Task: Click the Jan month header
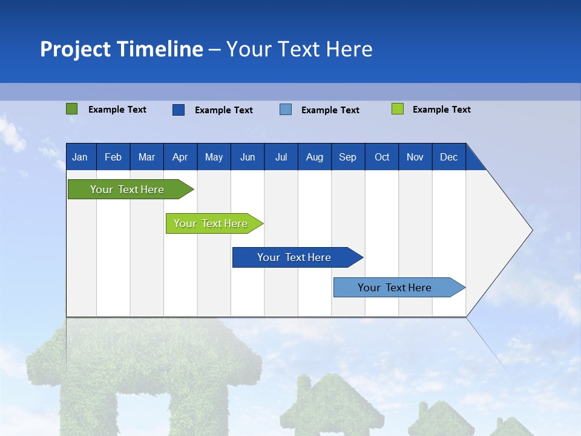tap(80, 157)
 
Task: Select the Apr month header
tap(180, 157)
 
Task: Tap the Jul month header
tap(281, 157)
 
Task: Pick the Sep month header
tap(347, 157)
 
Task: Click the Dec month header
tap(448, 157)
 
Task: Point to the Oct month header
tap(382, 157)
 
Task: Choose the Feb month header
tap(113, 157)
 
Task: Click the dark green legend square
tap(71, 109)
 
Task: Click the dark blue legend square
tap(178, 110)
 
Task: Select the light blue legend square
tap(286, 110)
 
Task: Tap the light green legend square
tap(397, 109)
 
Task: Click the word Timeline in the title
tap(159, 49)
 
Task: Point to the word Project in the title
tap(75, 49)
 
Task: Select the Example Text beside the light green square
tap(441, 110)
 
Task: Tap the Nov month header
tap(415, 157)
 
